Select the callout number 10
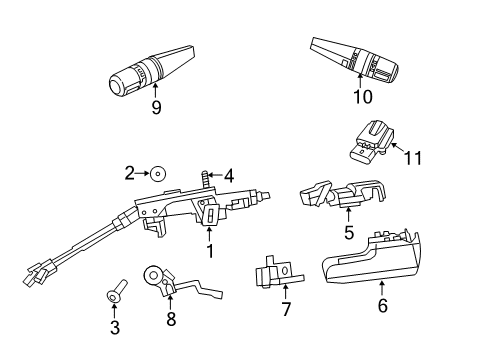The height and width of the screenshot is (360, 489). pyautogui.click(x=362, y=97)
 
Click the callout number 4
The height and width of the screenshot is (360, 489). pyautogui.click(x=228, y=175)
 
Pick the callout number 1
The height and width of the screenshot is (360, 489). pyautogui.click(x=210, y=250)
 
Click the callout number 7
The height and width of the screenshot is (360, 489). pyautogui.click(x=286, y=310)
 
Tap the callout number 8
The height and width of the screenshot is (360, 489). pyautogui.click(x=170, y=320)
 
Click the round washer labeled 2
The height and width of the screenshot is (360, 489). pyautogui.click(x=159, y=174)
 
